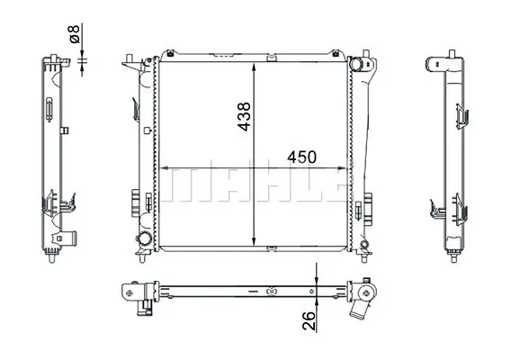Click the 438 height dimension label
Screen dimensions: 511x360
[x=245, y=116]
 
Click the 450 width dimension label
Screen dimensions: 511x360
[x=301, y=157]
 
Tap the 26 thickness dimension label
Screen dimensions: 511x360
[x=309, y=321]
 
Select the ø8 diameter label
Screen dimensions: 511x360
[x=75, y=34]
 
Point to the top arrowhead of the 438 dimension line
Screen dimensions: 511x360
[x=254, y=67]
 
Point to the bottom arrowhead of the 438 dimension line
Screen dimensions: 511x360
[x=254, y=240]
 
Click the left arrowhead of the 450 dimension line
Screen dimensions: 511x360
[x=165, y=168]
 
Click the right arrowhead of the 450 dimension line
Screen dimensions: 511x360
[x=343, y=168]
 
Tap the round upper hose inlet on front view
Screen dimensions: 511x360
[x=356, y=64]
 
